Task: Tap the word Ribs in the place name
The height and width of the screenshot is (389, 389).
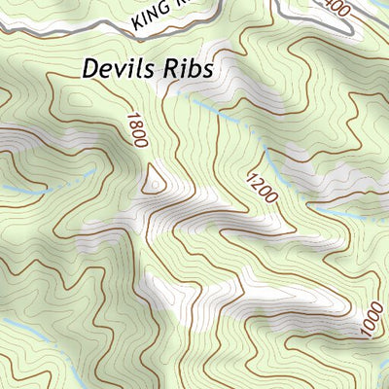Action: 189,69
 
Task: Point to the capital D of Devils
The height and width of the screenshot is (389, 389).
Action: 91,69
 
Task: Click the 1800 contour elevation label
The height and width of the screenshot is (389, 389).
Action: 136,129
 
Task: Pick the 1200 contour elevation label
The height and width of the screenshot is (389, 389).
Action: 263,187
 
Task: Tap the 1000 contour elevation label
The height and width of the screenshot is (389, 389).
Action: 371,320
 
